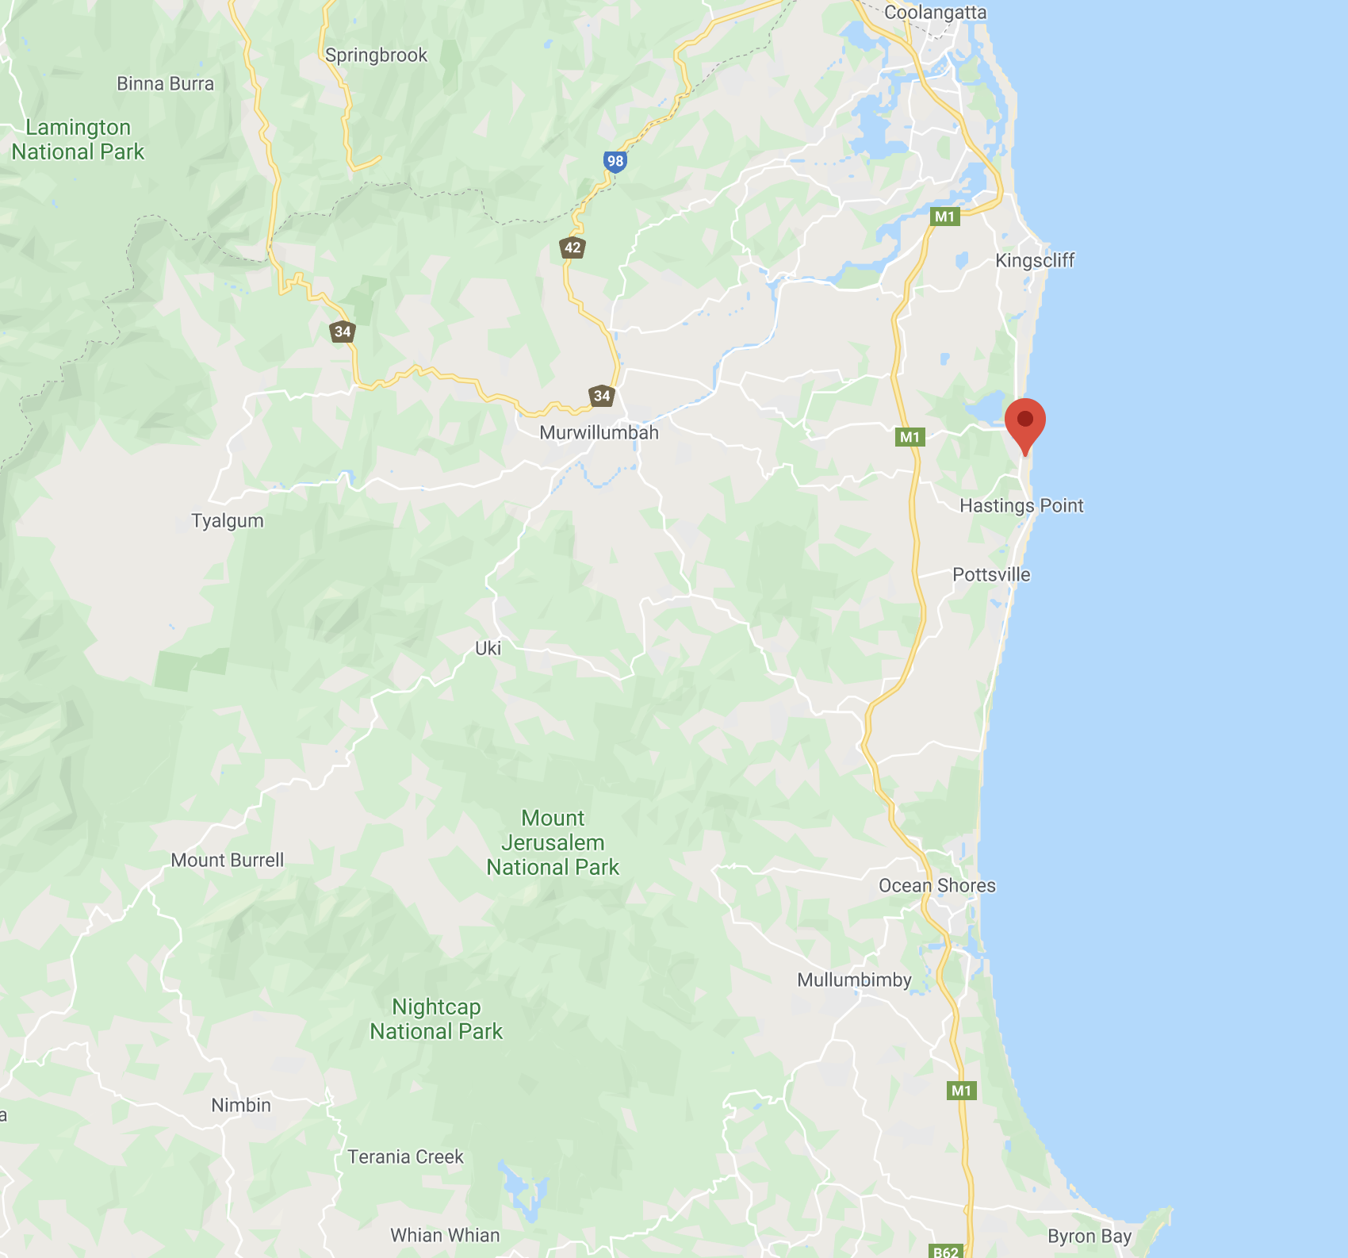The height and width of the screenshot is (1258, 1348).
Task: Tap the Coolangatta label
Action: click(935, 13)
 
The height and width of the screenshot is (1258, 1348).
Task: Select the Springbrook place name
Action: click(376, 56)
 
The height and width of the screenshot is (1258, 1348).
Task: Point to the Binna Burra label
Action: click(165, 84)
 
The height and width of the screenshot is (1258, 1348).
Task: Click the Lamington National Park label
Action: click(78, 140)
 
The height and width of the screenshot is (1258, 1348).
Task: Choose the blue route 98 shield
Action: click(615, 161)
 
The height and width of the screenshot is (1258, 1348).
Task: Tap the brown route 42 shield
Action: click(573, 247)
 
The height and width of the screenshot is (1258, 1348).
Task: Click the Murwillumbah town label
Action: click(599, 433)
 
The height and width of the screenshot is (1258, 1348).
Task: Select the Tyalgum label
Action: click(227, 521)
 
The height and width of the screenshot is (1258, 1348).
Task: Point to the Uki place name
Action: click(488, 649)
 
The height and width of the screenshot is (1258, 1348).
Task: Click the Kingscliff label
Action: click(1035, 261)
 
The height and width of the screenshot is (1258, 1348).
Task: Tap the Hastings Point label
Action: click(1021, 506)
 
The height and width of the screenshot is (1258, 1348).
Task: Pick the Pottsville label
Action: click(991, 575)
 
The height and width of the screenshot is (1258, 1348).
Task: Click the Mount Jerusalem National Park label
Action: click(553, 843)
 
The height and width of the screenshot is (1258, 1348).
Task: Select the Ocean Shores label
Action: click(936, 886)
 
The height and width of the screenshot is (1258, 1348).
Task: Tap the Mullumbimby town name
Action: click(854, 980)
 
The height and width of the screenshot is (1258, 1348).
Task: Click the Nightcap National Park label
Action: click(436, 1019)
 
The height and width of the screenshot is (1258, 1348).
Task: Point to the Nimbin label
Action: click(241, 1106)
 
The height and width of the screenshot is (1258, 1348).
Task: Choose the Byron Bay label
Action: click(1089, 1237)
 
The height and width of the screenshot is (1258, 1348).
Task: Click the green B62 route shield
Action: click(946, 1251)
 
